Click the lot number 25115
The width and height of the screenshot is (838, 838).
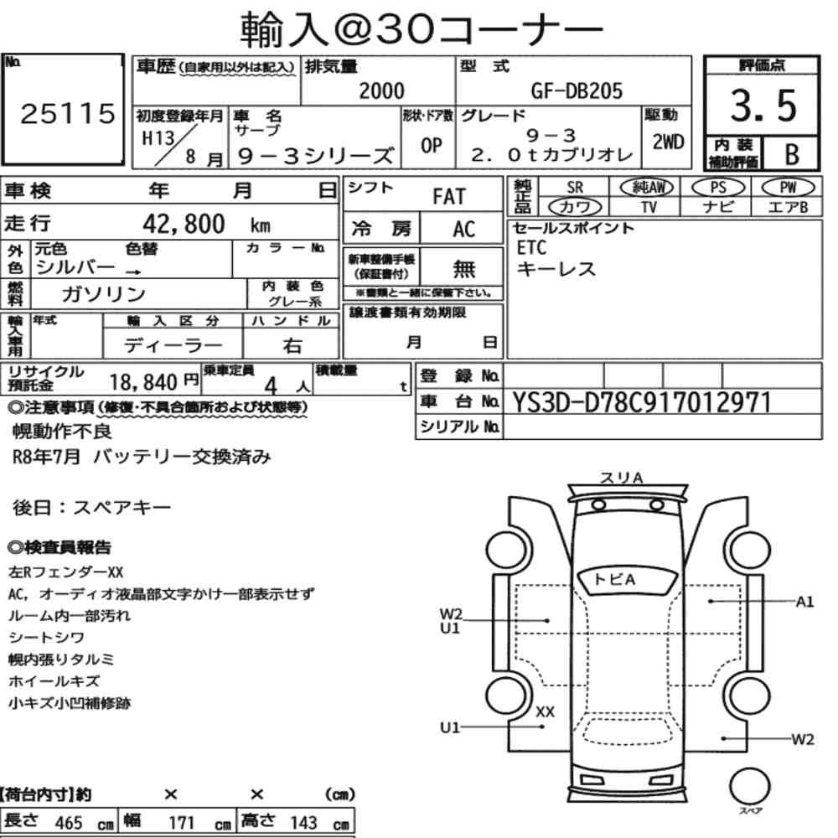point(67,113)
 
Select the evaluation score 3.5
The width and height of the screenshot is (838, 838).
point(763,106)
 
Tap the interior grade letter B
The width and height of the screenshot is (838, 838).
point(792,154)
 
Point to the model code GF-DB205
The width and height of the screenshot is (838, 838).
point(577,91)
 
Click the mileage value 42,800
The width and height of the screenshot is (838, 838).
point(184,224)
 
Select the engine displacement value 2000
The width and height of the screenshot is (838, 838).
point(381,91)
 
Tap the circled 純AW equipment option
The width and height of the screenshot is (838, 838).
point(647,187)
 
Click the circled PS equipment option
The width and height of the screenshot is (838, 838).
point(718,187)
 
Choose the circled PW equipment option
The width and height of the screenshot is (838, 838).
point(788,187)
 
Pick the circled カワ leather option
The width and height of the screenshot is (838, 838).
point(575,207)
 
